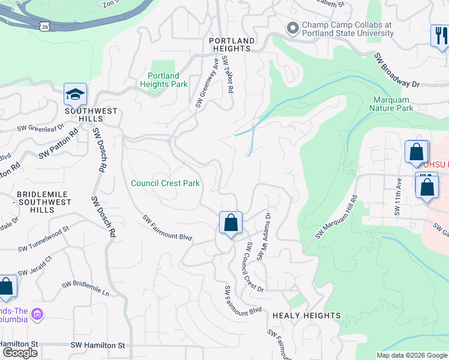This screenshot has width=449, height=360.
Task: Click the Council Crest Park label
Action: pos(165,183)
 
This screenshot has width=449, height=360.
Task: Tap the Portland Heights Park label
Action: pos(164,80)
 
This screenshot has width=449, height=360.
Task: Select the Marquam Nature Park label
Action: pos(393,104)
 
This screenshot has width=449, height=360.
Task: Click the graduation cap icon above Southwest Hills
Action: pos(76,95)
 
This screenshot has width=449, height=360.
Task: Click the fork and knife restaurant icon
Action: pos(440,35)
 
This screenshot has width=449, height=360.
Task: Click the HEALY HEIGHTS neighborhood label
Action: pos(306,316)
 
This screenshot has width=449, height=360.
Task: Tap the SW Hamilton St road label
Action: pos(97,345)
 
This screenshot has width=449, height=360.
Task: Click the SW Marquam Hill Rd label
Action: pos(336,217)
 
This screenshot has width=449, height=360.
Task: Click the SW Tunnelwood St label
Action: pos(44,238)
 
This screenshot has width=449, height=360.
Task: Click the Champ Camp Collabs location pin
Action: pos(293,28)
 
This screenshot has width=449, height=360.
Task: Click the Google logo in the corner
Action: pos(20,353)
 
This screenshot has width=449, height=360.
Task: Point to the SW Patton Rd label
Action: pos(58,142)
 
